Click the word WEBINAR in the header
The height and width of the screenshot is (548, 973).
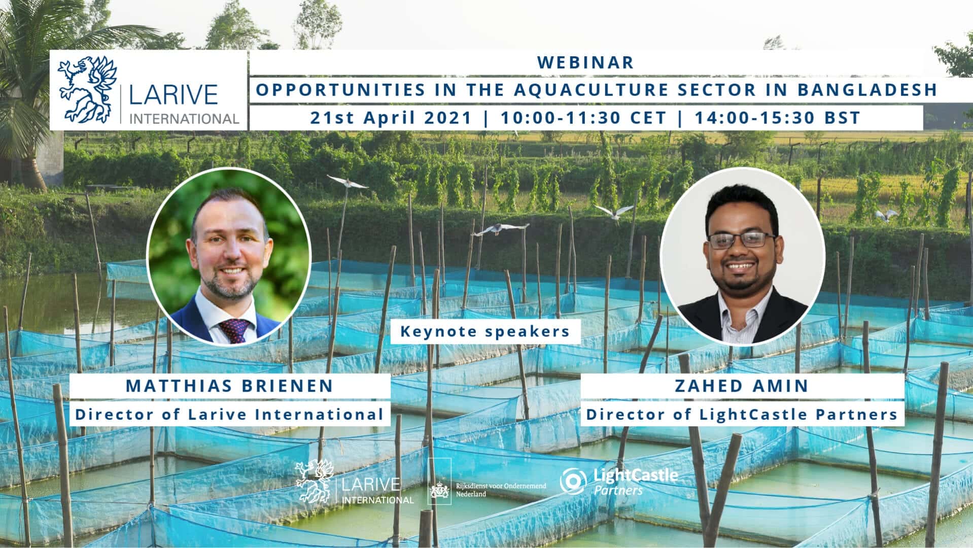point(585,62)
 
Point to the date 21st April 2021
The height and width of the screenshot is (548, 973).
point(391,118)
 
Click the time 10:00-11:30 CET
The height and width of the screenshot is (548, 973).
point(583,118)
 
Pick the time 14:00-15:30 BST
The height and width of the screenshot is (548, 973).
point(777,118)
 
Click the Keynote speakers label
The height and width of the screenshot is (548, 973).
point(485,332)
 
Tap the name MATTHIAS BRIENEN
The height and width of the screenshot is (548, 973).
point(229,386)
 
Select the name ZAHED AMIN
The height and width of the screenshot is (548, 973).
point(742,386)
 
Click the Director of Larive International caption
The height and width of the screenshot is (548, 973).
point(229,415)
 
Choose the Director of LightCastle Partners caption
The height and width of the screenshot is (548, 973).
point(742,415)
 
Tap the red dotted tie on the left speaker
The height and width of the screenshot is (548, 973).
point(234,330)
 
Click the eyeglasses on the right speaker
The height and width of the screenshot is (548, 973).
point(741,239)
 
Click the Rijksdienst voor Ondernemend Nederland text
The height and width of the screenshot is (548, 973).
point(501,490)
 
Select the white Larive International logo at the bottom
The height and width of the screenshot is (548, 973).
point(355,482)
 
